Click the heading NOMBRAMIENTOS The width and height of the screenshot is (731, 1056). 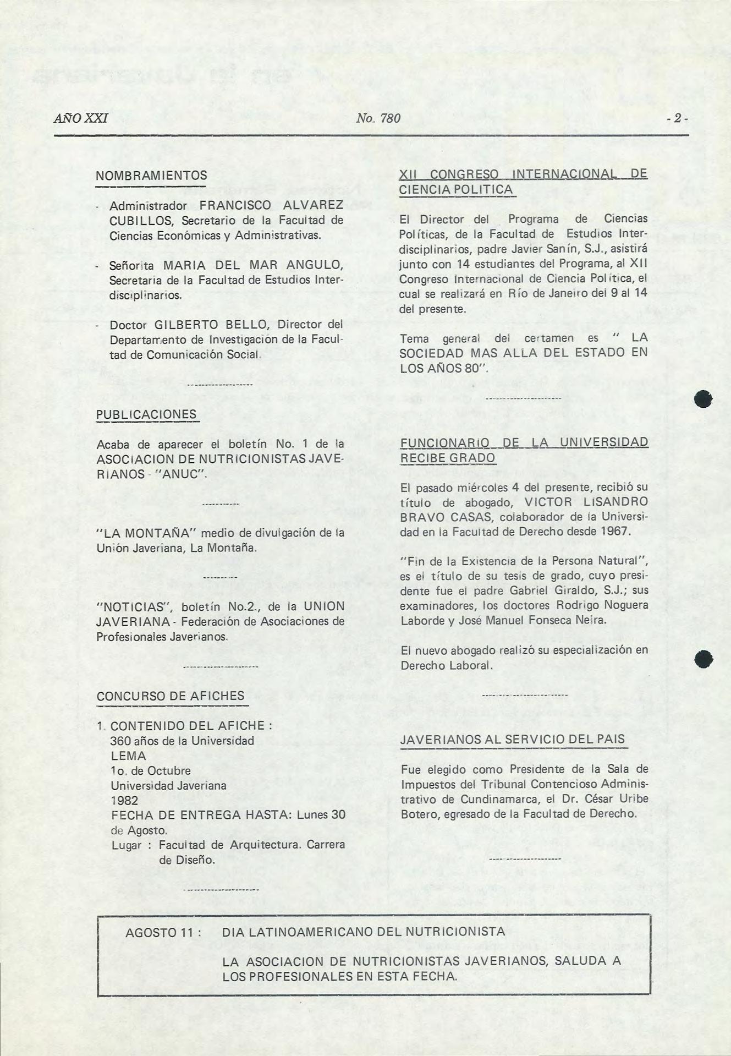click(151, 176)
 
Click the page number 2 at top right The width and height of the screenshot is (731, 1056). click(678, 118)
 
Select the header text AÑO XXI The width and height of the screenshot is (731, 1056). click(81, 118)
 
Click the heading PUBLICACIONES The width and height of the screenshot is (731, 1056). click(146, 414)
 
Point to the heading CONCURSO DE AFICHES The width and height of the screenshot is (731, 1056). click(171, 696)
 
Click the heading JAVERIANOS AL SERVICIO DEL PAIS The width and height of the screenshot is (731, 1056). click(513, 739)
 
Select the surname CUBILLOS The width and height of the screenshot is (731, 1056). click(135, 221)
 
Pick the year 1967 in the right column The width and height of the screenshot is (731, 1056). click(615, 532)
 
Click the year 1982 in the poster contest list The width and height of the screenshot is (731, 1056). click(125, 800)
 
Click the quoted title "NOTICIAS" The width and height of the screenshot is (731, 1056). click(134, 607)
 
